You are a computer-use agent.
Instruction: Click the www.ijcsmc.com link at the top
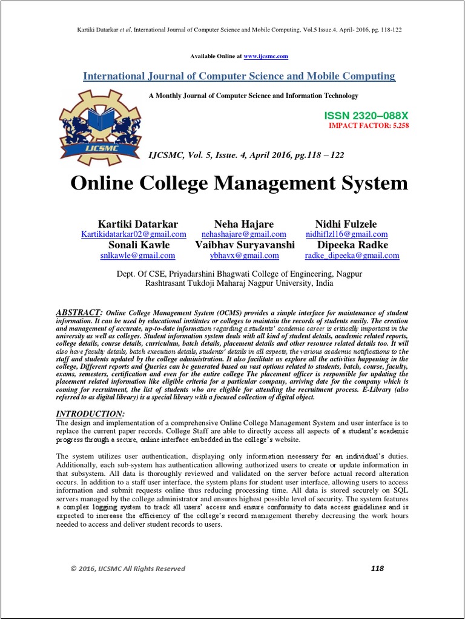coord(266,56)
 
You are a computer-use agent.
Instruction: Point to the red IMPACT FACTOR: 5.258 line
coord(369,125)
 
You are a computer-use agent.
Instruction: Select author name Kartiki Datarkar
coord(138,224)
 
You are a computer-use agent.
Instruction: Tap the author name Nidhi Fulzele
coord(346,224)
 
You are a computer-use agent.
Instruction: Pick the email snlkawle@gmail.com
coord(137,256)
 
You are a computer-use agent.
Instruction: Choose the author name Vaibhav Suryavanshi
coord(245,245)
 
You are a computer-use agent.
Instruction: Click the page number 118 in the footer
coord(376,568)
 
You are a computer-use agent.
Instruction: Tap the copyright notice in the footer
coord(128,569)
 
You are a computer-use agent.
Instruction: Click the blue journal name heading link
coord(239,76)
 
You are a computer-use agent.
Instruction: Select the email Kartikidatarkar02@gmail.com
coord(134,234)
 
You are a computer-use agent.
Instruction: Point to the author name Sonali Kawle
coord(139,245)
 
